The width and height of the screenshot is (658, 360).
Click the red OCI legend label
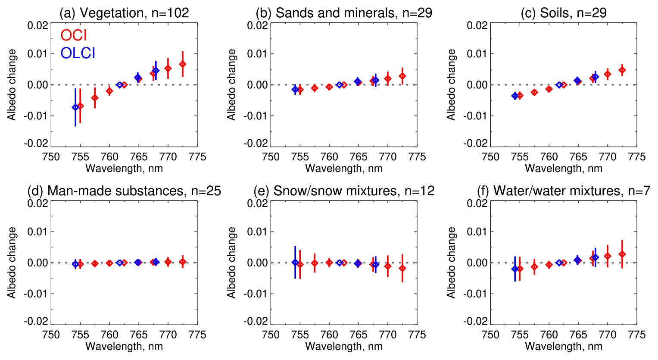(x=74, y=35)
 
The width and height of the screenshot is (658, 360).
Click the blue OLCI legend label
(x=78, y=53)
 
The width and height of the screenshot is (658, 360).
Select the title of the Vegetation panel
(x=124, y=13)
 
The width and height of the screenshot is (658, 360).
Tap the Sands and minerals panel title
(x=343, y=13)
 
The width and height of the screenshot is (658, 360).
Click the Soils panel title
(x=564, y=13)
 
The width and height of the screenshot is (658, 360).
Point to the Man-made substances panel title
(x=124, y=191)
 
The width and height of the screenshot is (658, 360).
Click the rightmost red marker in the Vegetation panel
(x=183, y=64)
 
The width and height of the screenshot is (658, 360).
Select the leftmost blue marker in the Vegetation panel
(x=75, y=107)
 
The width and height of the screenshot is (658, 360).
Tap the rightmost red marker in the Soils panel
(x=622, y=70)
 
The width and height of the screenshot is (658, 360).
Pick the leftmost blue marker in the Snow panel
(x=295, y=262)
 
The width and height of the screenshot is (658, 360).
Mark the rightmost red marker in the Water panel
(x=622, y=254)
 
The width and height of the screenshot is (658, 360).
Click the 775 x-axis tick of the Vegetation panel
(x=197, y=157)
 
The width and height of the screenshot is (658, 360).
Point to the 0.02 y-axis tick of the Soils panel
(x=477, y=25)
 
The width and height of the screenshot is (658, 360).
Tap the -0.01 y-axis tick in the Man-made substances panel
(x=37, y=294)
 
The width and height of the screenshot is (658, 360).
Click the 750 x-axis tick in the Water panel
(x=490, y=335)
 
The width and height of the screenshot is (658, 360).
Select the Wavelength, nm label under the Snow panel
(x=344, y=346)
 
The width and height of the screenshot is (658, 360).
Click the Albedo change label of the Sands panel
(x=231, y=85)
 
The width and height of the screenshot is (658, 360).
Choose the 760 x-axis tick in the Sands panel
(x=329, y=157)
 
